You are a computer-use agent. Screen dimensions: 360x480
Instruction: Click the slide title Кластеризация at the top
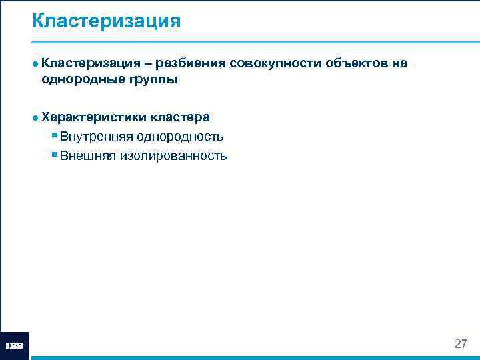tap(106, 21)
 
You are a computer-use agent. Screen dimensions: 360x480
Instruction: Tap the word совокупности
tap(275, 63)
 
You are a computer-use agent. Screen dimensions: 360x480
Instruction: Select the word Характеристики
tap(93, 117)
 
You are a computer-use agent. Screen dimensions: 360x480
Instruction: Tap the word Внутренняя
tap(96, 137)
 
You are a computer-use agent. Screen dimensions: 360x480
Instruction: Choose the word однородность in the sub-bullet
tap(180, 137)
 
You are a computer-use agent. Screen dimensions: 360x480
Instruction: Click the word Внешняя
tap(88, 156)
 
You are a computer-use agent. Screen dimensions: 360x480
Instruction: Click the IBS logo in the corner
tap(15, 346)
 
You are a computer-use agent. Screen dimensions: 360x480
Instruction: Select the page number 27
tap(461, 344)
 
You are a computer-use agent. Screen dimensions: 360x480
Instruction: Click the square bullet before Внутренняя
tap(53, 137)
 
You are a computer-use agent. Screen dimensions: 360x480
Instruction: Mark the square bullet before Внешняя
tap(53, 156)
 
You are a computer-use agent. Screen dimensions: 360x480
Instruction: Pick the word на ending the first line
tap(399, 63)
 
